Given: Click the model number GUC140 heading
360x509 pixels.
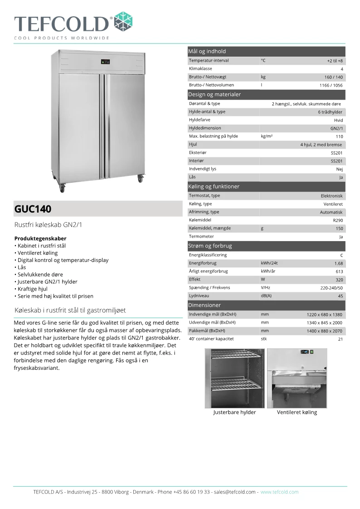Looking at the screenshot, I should [33, 209].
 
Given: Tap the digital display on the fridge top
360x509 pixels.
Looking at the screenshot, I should [105, 63].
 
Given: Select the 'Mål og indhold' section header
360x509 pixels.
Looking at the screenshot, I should [207, 51].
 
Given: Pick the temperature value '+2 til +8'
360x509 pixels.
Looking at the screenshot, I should [335, 61].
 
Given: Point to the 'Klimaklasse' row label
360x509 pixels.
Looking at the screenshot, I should [200, 68].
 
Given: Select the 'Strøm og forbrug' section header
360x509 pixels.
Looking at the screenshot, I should [210, 246].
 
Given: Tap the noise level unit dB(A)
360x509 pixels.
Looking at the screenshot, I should [266, 296].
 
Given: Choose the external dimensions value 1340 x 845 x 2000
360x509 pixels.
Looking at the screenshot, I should [324, 323].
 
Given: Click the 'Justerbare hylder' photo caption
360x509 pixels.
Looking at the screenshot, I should [234, 412].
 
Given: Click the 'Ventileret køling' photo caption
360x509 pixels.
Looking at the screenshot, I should [297, 412].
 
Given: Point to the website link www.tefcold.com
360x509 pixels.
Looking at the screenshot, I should [279, 492].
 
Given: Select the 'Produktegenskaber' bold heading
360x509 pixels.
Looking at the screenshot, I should [40, 238].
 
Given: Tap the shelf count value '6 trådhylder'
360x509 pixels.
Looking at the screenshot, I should [330, 112].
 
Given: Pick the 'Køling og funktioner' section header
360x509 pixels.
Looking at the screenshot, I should [214, 186].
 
